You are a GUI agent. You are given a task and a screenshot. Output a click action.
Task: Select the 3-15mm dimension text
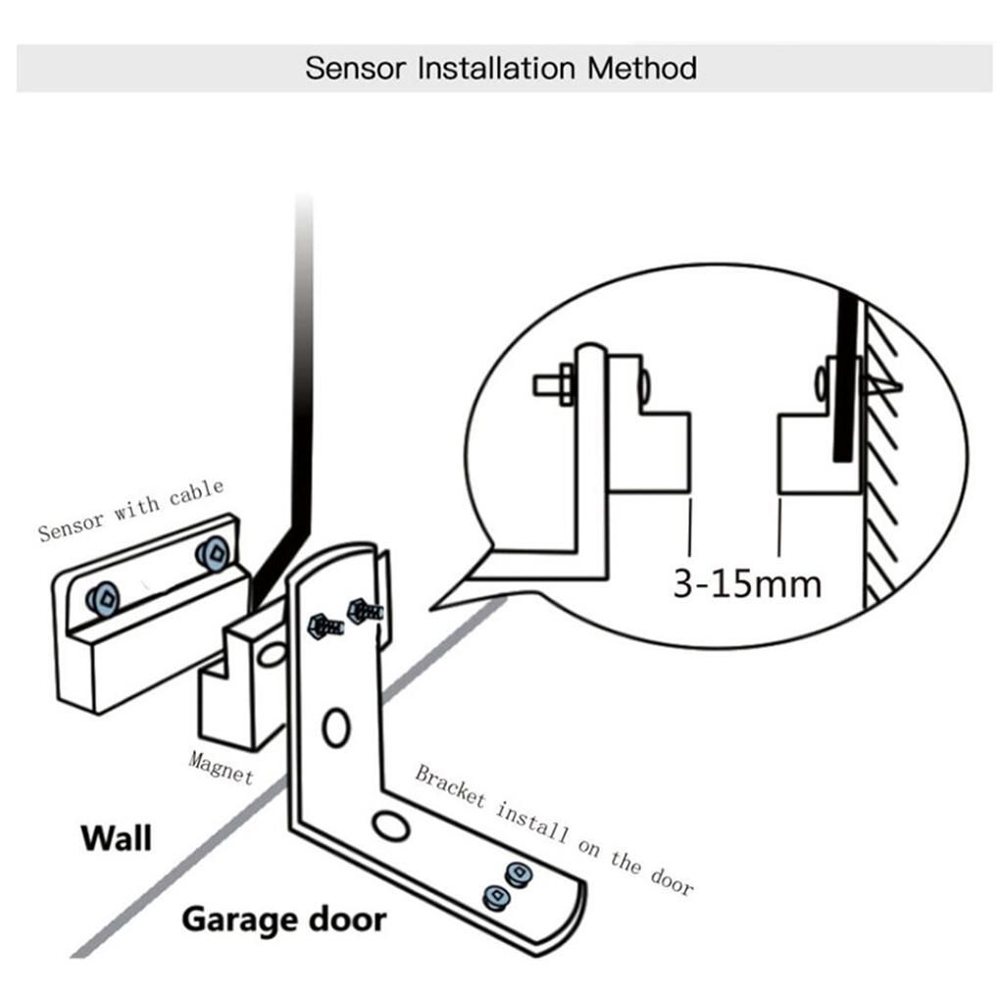(747, 583)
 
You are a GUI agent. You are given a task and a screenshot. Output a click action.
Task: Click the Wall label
(116, 838)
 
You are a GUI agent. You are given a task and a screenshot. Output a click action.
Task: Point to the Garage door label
(284, 920)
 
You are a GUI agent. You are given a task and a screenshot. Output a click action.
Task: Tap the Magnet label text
(221, 767)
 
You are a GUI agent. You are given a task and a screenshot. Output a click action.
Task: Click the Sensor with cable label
(131, 509)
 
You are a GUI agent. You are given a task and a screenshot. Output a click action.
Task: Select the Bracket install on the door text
(554, 828)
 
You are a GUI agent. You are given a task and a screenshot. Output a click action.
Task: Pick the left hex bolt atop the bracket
(324, 625)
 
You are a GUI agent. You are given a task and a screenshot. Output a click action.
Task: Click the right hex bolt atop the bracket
(364, 610)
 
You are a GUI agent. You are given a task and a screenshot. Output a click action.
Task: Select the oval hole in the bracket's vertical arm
(335, 726)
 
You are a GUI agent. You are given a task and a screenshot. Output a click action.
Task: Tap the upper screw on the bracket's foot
(516, 872)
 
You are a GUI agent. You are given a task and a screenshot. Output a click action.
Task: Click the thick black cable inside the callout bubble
(845, 377)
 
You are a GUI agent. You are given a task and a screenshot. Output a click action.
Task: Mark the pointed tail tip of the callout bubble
(433, 608)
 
